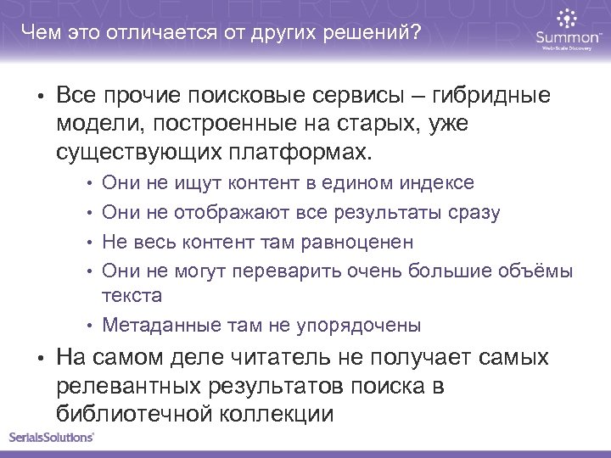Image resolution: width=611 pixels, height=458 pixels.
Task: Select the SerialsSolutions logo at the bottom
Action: click(x=52, y=438)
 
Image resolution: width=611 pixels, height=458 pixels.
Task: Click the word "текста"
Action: click(x=131, y=296)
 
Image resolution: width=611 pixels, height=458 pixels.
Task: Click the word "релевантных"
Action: click(x=131, y=387)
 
